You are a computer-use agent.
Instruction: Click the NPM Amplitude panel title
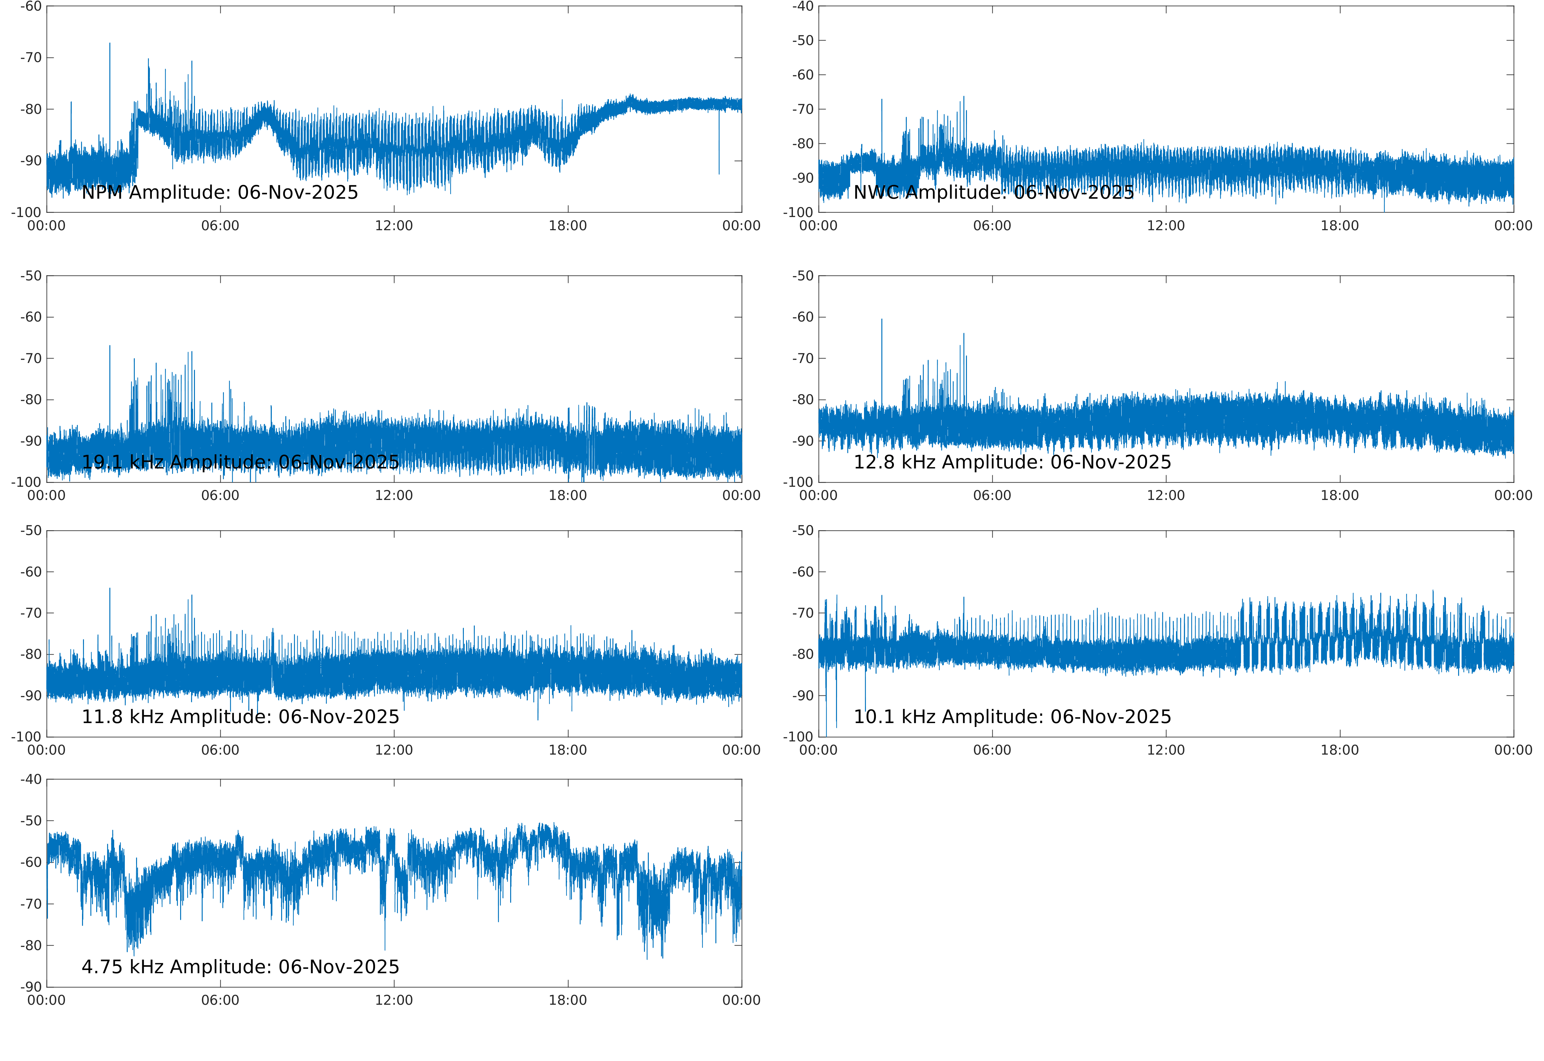click(219, 193)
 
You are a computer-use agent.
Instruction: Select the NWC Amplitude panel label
click(993, 193)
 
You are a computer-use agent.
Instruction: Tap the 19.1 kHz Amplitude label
click(240, 462)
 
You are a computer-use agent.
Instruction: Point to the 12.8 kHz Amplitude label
click(1012, 462)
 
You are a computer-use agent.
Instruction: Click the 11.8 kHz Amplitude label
click(240, 717)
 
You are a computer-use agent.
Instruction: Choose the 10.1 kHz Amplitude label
click(1012, 717)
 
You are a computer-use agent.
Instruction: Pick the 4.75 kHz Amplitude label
click(240, 966)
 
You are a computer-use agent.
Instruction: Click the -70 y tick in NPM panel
click(31, 58)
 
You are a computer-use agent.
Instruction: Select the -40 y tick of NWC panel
click(803, 7)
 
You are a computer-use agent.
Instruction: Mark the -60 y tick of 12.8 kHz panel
click(803, 317)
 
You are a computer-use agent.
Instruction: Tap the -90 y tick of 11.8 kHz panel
click(31, 695)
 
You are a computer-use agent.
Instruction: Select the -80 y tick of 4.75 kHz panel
click(31, 945)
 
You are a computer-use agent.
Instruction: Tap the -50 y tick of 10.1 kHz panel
click(803, 530)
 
